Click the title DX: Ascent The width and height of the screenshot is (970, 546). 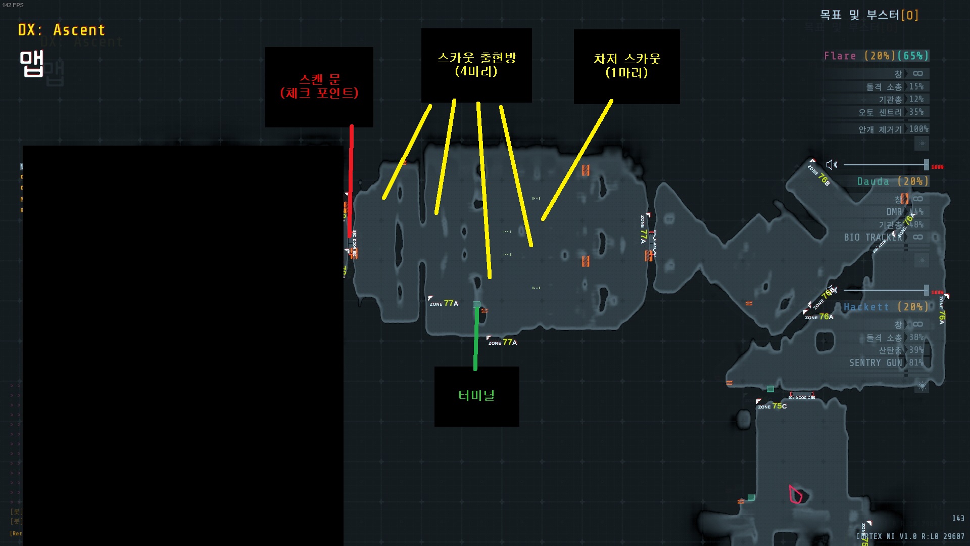(61, 30)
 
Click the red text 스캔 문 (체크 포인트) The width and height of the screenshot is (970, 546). (319, 86)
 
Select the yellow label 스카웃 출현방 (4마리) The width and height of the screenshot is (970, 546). (476, 64)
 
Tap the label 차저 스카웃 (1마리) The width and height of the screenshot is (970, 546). (626, 66)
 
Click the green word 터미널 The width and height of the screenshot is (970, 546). (476, 395)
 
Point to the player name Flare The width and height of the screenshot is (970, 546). (840, 56)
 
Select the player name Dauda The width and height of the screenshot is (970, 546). (872, 181)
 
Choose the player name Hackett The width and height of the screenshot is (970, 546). (866, 307)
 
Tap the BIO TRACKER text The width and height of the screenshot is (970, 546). (872, 237)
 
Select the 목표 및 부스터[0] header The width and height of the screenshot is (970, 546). (868, 15)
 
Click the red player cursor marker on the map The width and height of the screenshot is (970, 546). (795, 494)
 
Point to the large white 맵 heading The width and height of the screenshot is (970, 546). (31, 64)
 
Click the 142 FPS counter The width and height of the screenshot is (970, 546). (13, 5)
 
